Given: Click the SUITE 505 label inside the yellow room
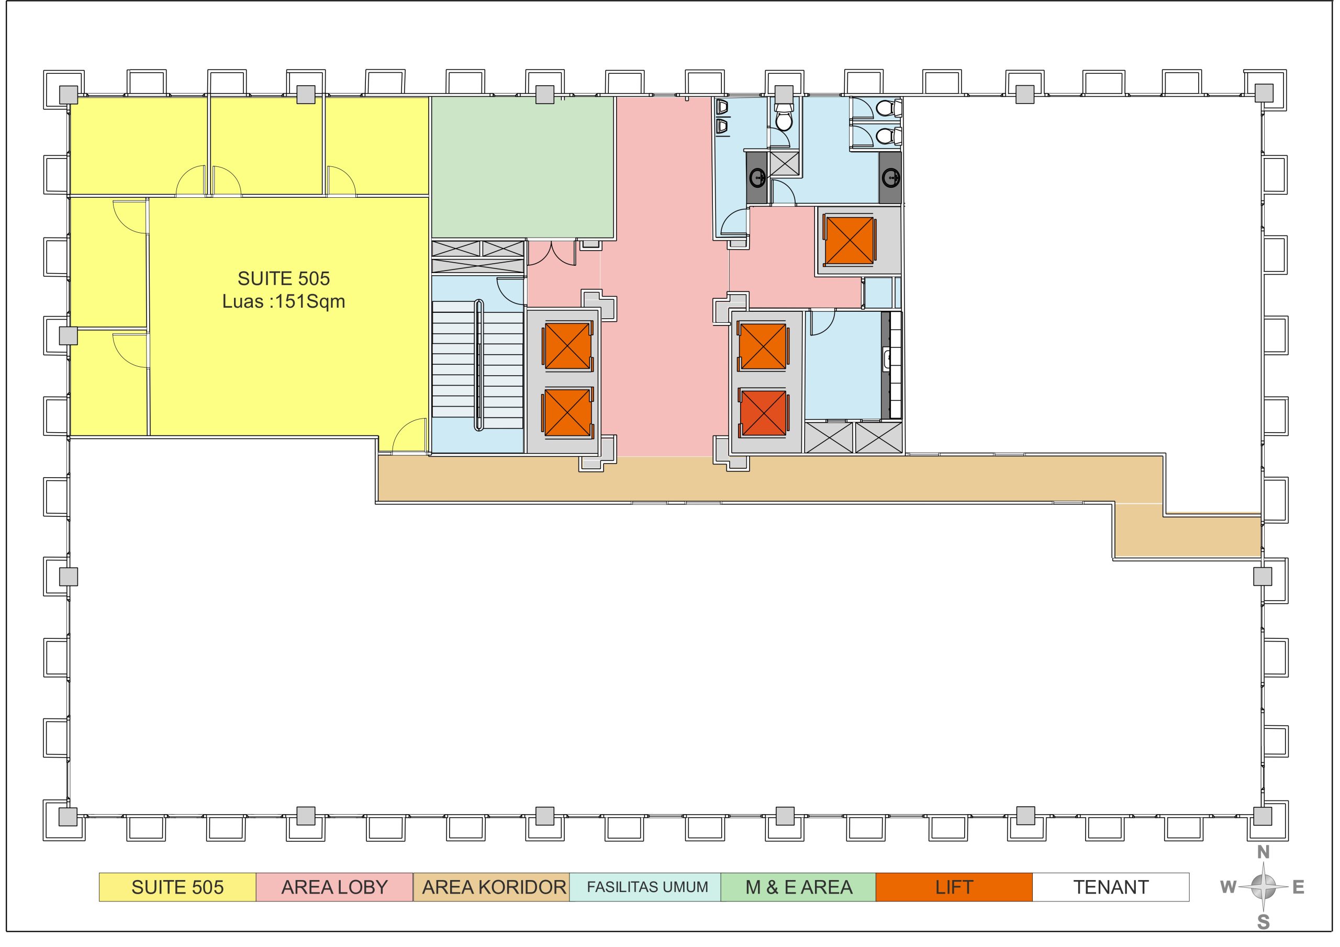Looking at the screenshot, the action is pyautogui.click(x=284, y=279).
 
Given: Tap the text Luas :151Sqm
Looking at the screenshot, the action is pyautogui.click(x=284, y=302).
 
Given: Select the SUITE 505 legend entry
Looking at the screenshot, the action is pyautogui.click(x=177, y=887).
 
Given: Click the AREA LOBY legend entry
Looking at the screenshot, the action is pyautogui.click(x=334, y=887).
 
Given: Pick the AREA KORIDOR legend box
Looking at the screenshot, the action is pyautogui.click(x=492, y=887).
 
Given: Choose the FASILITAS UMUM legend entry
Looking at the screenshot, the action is pyautogui.click(x=645, y=887).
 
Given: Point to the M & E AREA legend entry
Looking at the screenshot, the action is pyautogui.click(x=798, y=887).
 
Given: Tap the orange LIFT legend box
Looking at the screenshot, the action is pyautogui.click(x=954, y=887).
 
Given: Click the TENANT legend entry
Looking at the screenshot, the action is pyautogui.click(x=1111, y=887).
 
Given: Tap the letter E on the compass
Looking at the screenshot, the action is pyautogui.click(x=1299, y=887).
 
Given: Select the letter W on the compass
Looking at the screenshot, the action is pyautogui.click(x=1228, y=887).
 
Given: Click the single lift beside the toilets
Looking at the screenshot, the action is pyautogui.click(x=850, y=240).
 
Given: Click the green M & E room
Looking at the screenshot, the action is pyautogui.click(x=522, y=167).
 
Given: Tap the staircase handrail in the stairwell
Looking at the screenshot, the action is pyautogui.click(x=479, y=365).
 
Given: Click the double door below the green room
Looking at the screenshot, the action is pyautogui.click(x=552, y=253).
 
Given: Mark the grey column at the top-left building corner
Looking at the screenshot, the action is pyautogui.click(x=68, y=95).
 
